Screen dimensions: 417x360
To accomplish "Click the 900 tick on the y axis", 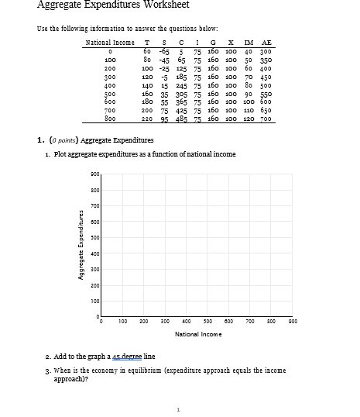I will (94, 174).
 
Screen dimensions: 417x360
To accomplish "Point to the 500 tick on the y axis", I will (94, 237).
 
